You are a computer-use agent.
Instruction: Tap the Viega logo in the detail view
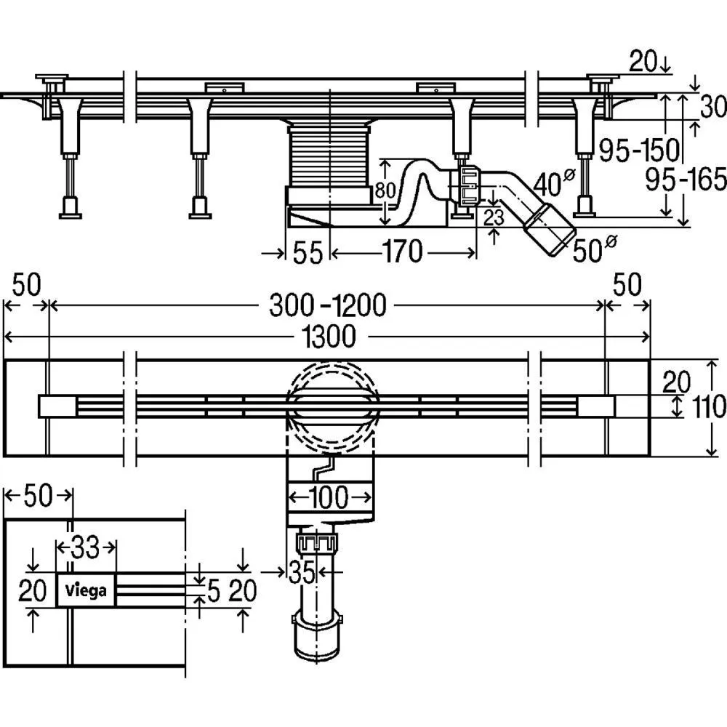coord(86,590)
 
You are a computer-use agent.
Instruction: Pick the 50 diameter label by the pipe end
coord(590,249)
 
